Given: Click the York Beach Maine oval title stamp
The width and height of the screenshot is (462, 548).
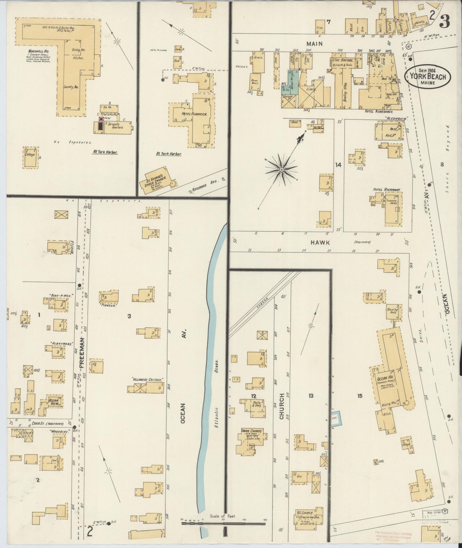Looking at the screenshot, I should (x=428, y=76).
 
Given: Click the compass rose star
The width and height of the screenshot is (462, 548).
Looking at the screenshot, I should (x=282, y=169).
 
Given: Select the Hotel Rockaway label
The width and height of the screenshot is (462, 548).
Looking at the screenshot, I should (x=387, y=190).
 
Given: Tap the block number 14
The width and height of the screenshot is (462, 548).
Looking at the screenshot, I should (x=338, y=165).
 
